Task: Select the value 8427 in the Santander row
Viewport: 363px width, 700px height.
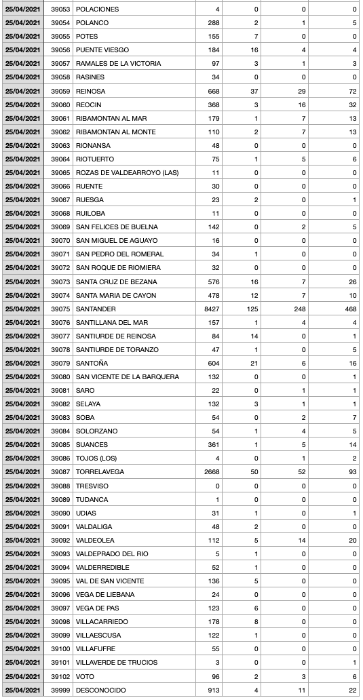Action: [210, 309]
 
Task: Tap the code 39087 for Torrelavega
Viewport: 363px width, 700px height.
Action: [60, 472]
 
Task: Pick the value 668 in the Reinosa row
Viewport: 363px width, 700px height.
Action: [213, 91]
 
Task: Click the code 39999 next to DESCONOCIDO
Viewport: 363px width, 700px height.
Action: [60, 690]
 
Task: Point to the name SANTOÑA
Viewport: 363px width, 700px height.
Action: [92, 363]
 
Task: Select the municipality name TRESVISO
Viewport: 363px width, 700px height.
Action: [92, 486]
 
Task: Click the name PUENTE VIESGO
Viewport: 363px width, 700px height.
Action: [102, 50]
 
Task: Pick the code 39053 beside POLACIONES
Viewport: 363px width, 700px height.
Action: [60, 9]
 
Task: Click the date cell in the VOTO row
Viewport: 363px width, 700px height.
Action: [23, 676]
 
